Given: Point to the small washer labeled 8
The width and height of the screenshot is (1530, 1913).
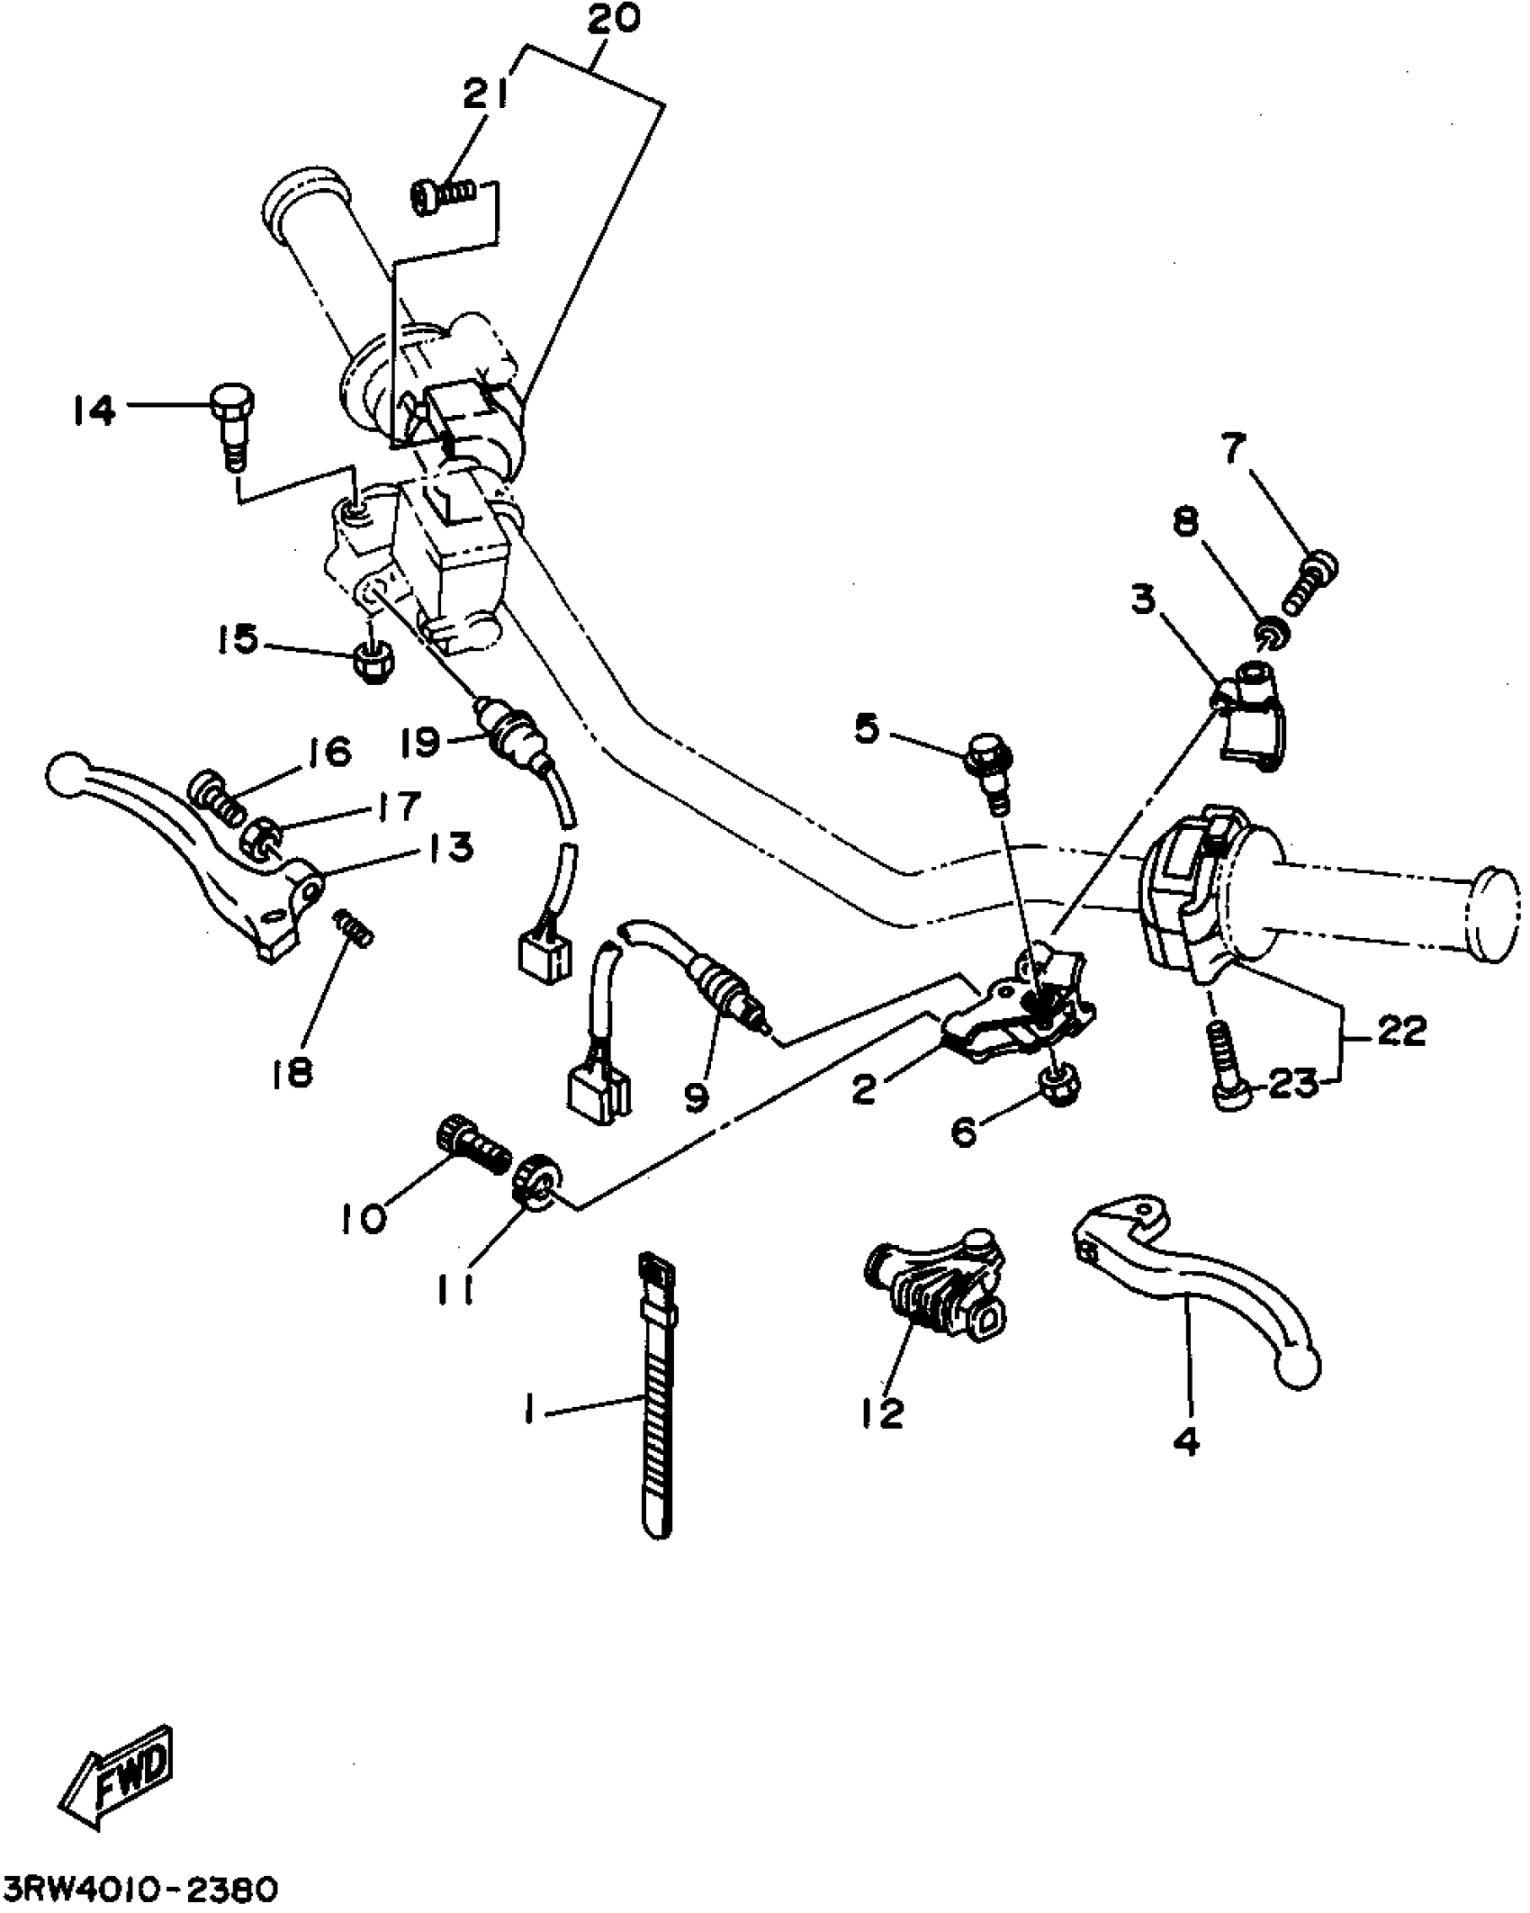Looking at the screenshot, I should click(1270, 632).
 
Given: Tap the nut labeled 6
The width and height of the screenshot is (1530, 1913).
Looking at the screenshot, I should click(1059, 1087).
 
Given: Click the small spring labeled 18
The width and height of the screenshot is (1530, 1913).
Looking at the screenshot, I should click(354, 927).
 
